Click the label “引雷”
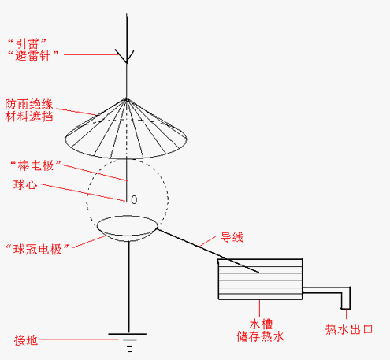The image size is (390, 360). click(x=27, y=43)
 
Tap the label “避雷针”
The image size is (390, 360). click(x=33, y=56)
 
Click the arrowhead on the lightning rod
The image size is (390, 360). click(x=126, y=56)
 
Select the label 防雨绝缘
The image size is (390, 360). click(x=29, y=104)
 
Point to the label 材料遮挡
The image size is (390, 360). click(x=29, y=117)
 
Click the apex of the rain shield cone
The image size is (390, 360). click(x=126, y=98)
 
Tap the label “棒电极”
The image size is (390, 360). click(x=35, y=165)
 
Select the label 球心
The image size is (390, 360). click(x=25, y=184)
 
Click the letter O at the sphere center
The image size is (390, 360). click(x=134, y=200)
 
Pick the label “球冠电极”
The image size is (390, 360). click(x=38, y=249)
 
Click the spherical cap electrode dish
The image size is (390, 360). click(x=128, y=228)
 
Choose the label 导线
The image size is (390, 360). click(x=232, y=237)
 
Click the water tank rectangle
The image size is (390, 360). click(x=260, y=279)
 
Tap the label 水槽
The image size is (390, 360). click(x=261, y=325)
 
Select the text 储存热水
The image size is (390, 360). click(x=260, y=336)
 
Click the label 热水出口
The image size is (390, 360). click(x=349, y=329)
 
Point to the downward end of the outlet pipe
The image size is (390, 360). click(x=346, y=308)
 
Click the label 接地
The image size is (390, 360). click(x=26, y=340)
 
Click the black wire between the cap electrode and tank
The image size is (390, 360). click(x=208, y=251)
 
